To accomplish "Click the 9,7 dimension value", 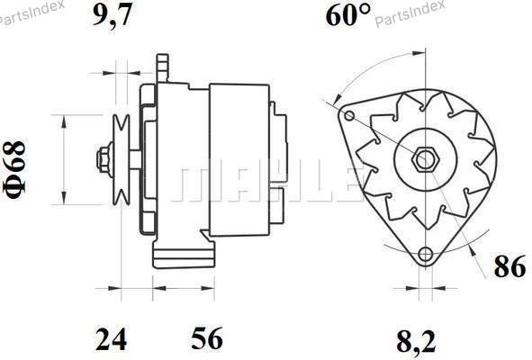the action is coord(112,15).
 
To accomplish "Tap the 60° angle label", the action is coord(348,14).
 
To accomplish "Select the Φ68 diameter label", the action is coord(14,169).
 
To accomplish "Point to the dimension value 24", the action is coord(112,338).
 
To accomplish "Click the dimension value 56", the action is coord(207,338).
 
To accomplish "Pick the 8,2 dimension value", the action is coord(416,341).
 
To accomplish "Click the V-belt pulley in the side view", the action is coord(122,160).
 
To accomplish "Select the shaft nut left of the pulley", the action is coord(104,160).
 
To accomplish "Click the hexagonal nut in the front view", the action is coord(425,159).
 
